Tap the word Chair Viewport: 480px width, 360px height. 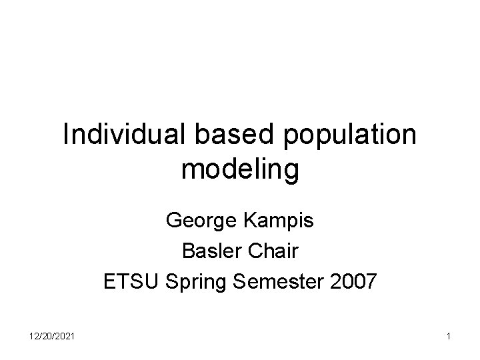[x=273, y=251]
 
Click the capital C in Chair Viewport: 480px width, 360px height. [x=253, y=251]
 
